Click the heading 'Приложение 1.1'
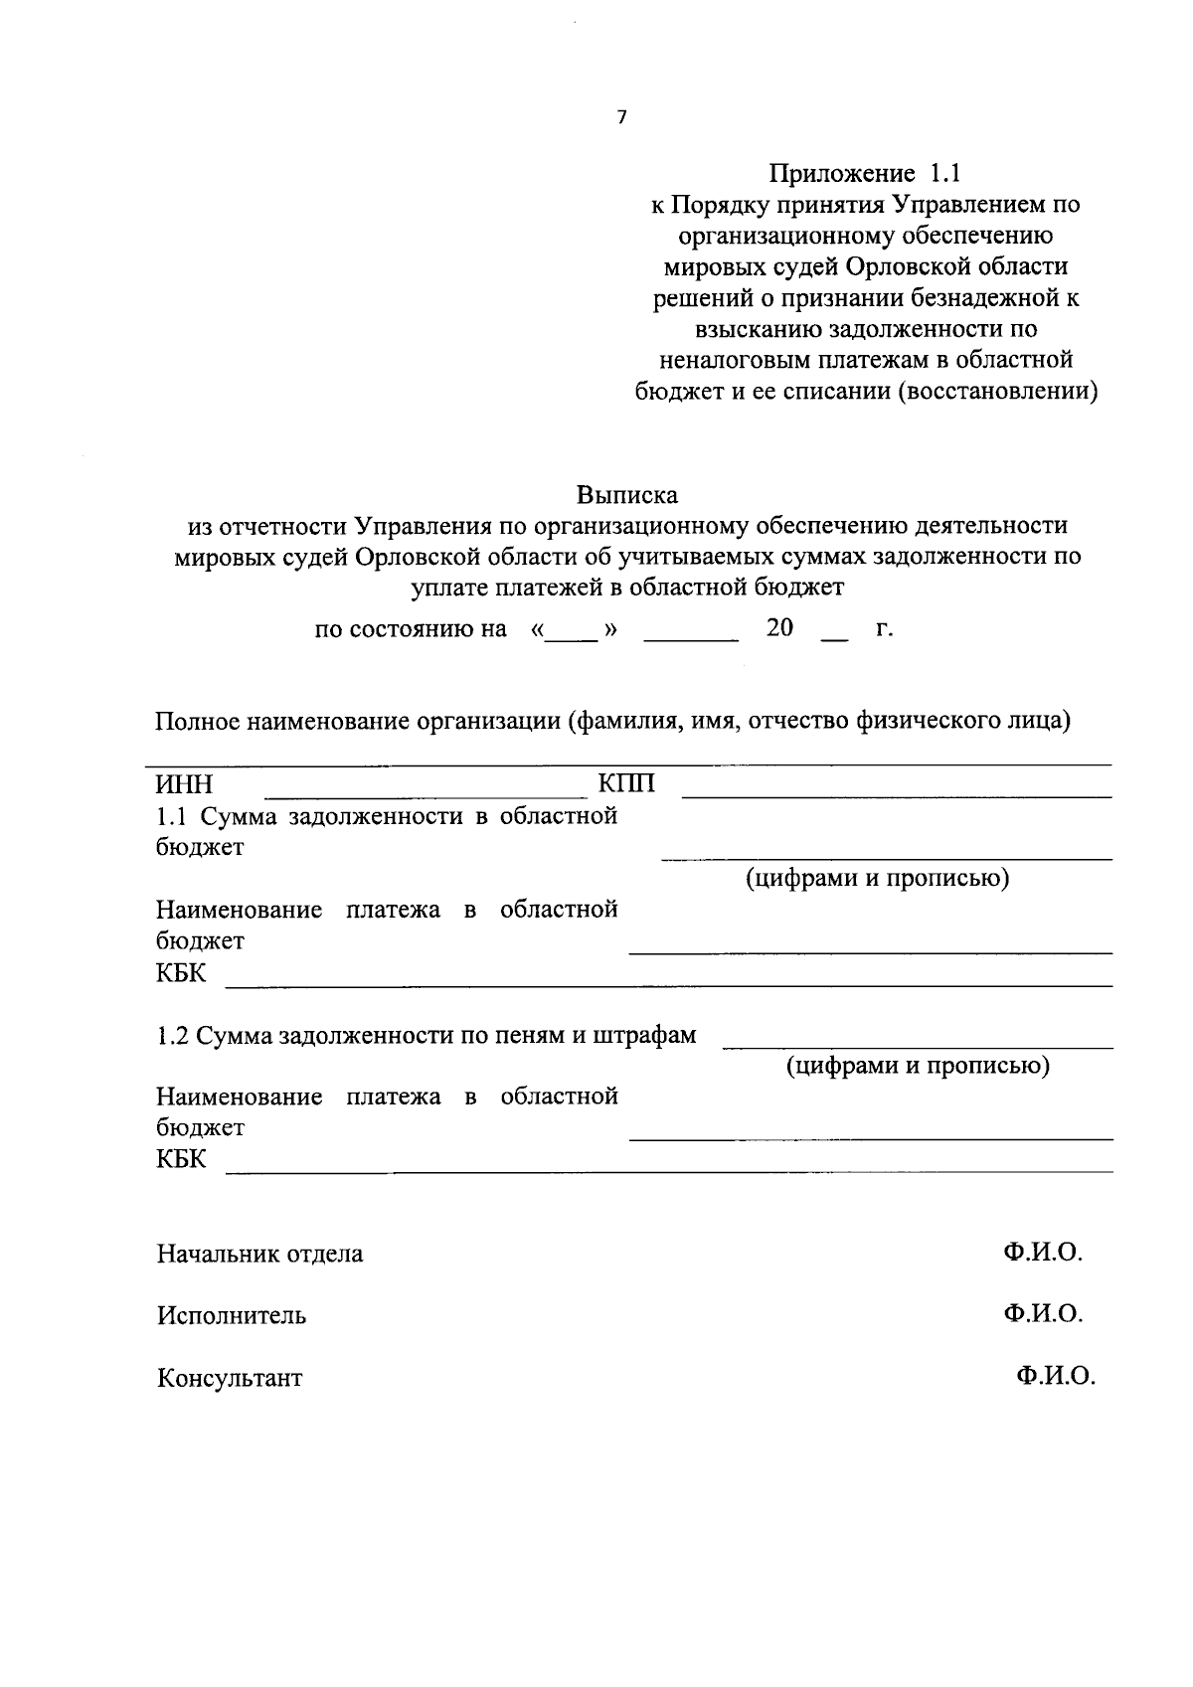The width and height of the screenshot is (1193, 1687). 865,173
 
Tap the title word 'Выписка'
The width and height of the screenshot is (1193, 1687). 627,494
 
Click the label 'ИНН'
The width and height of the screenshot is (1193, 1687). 184,784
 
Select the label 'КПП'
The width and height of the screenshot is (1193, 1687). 626,784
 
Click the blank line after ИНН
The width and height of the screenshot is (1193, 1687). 426,794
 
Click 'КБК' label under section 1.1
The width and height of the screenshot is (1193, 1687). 181,972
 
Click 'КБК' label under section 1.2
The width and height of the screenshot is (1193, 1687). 181,1159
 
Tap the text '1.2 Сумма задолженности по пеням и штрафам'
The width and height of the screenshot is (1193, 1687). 426,1036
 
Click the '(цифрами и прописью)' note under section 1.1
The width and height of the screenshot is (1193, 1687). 878,879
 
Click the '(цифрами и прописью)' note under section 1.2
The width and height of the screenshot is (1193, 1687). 918,1067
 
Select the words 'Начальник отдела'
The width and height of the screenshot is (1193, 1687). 259,1254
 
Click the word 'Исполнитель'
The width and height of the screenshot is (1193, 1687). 231,1315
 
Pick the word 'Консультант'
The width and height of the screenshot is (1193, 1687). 230,1379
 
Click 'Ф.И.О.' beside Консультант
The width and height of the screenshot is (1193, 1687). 1055,1377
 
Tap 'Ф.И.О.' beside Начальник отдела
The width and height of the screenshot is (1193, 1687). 1042,1253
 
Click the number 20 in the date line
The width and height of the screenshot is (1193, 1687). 779,628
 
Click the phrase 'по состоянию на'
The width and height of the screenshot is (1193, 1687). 411,629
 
